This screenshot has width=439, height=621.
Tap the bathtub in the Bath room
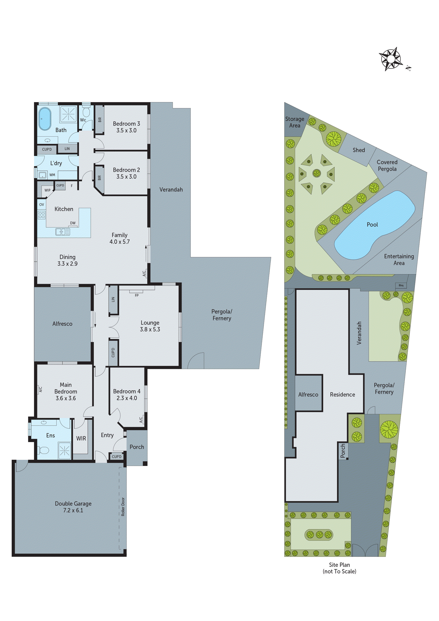tap(45, 119)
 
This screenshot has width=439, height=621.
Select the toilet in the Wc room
tap(87, 111)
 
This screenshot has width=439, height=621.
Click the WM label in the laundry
tap(52, 175)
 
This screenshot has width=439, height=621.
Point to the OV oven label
tap(41, 204)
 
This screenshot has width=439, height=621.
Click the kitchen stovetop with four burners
tap(41, 215)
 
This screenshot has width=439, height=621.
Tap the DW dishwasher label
tap(73, 223)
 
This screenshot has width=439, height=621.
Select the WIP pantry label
tap(47, 190)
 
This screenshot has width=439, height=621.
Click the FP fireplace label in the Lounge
tap(137, 295)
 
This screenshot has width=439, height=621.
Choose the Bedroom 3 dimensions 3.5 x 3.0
tap(126, 130)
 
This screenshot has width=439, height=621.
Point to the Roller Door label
tap(123, 507)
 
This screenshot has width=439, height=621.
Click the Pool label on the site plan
tap(372, 224)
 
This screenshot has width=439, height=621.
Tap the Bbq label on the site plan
tap(401, 285)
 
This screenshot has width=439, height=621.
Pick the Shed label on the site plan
tap(359, 150)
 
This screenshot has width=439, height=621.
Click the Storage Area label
tap(295, 122)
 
